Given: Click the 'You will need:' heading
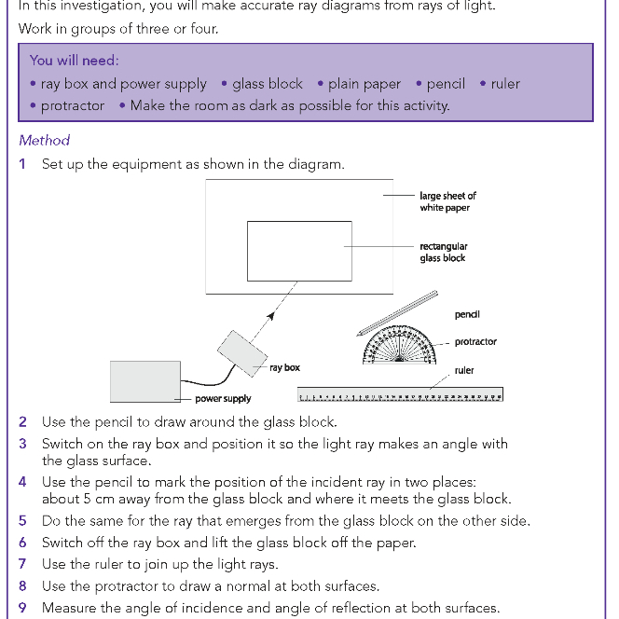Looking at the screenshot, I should point(74,61).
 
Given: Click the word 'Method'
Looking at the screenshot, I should point(44,140).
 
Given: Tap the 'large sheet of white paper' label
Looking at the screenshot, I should point(447,201).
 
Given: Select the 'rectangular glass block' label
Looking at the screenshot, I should point(444,252).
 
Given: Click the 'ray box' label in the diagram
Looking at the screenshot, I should point(284,367).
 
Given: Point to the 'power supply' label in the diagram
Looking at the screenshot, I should point(223,399).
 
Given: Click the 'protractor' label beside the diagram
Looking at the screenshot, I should point(475,342).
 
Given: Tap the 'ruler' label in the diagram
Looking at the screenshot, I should point(464,370).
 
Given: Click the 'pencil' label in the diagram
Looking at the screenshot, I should point(467,315).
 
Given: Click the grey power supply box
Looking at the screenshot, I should point(144,380).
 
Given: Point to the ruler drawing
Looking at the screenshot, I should point(400,395).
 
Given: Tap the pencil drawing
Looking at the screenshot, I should point(397,311).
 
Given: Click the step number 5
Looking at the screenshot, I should point(23,521).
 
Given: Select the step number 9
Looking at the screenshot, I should point(23,608).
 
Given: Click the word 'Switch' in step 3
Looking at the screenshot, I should point(63,444).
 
